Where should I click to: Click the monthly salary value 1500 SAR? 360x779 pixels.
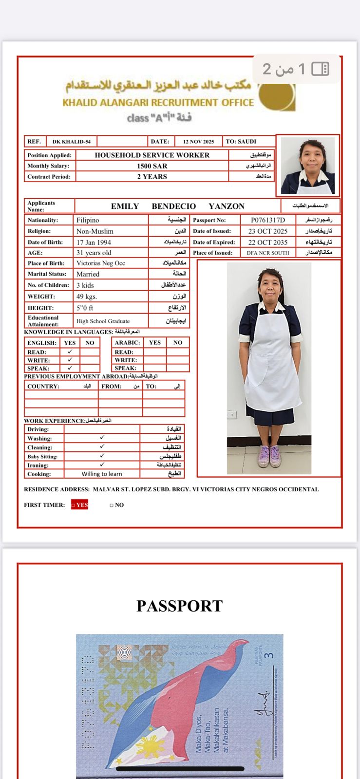point(152,166)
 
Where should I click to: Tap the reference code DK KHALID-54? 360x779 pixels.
point(72,142)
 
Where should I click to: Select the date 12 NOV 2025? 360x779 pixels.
point(198,142)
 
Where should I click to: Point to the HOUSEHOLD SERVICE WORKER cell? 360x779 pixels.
point(152,155)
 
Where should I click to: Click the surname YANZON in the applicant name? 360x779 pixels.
point(227,206)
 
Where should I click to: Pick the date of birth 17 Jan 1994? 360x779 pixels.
point(94,242)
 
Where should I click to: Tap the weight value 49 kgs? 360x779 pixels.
point(87,297)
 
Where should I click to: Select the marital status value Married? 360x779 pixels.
point(88,274)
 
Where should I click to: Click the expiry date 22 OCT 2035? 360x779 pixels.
point(268,242)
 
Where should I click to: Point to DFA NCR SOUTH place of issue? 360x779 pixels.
point(268,253)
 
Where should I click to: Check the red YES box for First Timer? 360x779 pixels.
point(79,505)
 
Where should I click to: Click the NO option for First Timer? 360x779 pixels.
point(117,505)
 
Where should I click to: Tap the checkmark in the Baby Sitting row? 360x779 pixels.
point(102,456)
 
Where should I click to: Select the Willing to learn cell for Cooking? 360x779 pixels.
point(102,474)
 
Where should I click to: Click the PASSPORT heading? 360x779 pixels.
point(180,606)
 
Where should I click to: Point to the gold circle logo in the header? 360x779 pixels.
point(277,95)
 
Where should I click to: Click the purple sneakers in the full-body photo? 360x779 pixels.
point(269,456)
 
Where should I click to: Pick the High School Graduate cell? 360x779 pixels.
point(103,321)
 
